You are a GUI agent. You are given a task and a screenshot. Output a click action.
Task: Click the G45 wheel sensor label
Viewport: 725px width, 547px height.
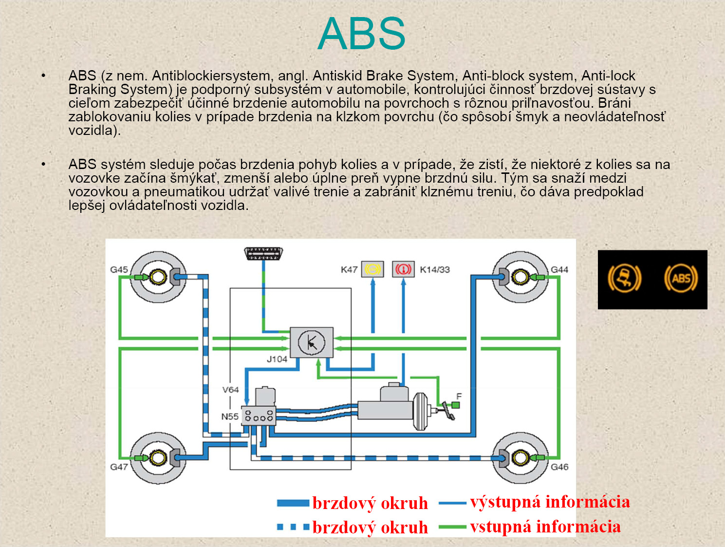pos(119,269)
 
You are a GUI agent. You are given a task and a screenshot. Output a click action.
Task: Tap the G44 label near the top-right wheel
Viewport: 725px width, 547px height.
pos(559,269)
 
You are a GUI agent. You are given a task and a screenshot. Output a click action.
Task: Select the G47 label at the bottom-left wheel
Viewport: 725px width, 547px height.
pos(119,467)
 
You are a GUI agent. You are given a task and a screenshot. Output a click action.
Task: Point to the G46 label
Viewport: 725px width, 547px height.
pos(559,467)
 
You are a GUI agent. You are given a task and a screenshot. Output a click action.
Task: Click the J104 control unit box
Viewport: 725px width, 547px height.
pos(312,342)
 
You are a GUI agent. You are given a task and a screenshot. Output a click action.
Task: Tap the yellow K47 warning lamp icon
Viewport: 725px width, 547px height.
pos(372,269)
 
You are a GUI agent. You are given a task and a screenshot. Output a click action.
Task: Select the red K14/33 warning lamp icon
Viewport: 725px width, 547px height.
pos(403,269)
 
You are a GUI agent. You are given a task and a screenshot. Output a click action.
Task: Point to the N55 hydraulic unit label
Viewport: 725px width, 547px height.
pos(229,416)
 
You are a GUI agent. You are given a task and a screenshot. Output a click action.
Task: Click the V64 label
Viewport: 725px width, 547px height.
pos(230,390)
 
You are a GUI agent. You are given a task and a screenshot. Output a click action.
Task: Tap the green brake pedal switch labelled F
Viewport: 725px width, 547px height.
pos(456,405)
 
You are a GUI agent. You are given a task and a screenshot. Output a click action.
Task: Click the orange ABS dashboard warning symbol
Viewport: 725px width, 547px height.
pos(681,279)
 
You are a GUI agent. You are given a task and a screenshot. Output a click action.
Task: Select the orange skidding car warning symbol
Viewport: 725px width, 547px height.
pos(625,279)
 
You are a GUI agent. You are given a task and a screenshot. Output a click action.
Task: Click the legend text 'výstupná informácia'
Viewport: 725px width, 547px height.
pos(550,502)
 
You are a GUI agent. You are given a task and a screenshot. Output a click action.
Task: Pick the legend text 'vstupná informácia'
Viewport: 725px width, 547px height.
pos(545,527)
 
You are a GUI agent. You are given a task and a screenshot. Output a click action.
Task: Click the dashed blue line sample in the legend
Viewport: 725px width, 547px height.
pos(293,527)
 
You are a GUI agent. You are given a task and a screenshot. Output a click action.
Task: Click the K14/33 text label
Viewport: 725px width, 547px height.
pos(435,269)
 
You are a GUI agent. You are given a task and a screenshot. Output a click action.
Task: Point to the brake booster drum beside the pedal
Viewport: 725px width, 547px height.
pos(420,412)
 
